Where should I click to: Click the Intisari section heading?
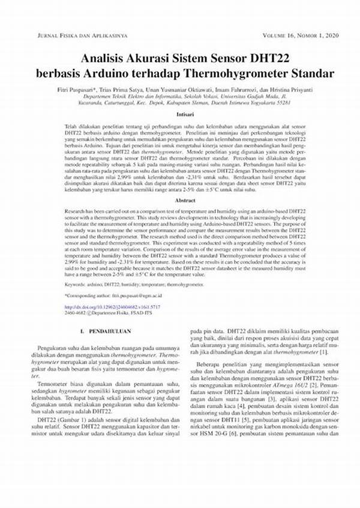[x=185, y=113]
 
